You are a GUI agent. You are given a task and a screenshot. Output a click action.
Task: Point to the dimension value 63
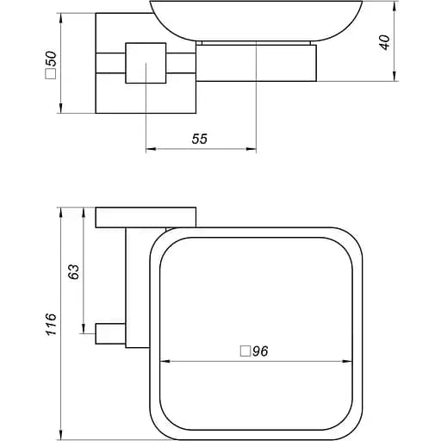pyautogui.click(x=74, y=270)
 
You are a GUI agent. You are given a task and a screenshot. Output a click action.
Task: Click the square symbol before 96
pyautogui.click(x=245, y=351)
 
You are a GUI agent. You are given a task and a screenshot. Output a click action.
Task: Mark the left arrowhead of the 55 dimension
pyautogui.click(x=149, y=150)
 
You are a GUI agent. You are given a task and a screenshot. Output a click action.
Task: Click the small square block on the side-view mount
pyautogui.click(x=144, y=62)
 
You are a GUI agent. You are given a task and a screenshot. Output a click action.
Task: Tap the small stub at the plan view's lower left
pyautogui.click(x=109, y=332)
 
